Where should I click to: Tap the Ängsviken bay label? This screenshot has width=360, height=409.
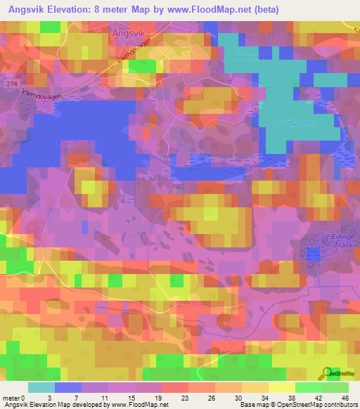tap(252, 57)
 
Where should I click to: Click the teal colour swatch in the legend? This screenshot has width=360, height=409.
tap(41, 387)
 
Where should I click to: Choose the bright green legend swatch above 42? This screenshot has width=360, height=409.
tap(308, 387)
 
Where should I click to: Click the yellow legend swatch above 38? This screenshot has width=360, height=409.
tap(281, 387)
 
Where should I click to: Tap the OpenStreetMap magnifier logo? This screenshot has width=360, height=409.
tap(327, 374)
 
